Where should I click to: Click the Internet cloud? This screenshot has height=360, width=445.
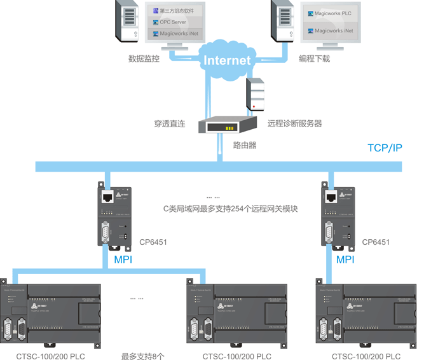(227, 60)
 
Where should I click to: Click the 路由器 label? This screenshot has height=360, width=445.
(244, 145)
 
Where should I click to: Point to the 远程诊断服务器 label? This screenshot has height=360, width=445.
(294, 123)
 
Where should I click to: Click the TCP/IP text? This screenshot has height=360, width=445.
(385, 148)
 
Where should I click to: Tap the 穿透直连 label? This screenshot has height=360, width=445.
(169, 123)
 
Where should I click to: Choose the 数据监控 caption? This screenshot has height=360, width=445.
(144, 59)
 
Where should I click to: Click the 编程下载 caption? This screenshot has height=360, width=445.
(315, 59)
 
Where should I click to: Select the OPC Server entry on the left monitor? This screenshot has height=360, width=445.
(173, 22)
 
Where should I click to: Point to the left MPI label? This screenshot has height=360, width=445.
(123, 260)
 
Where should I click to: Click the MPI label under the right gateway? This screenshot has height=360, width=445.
(345, 260)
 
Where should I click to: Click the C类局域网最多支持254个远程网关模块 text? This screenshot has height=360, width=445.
(231, 209)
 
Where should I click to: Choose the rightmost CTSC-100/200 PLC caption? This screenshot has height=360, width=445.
(366, 356)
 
